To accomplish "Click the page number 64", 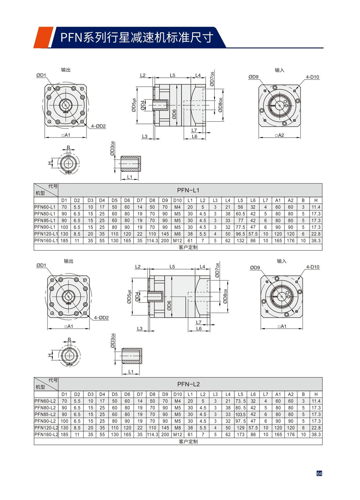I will coord(319,473).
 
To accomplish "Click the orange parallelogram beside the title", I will coord(43,37).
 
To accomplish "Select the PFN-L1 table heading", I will coord(188,190).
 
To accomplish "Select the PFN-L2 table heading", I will coord(188,384).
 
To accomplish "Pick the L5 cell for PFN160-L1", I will coord(240,240).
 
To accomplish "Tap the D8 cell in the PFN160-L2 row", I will coord(152,434).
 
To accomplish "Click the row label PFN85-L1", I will coord(45,220).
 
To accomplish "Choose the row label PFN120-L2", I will coord(46,428).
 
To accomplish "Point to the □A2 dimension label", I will coord(279,135).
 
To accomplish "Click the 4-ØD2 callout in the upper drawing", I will coord(98,126).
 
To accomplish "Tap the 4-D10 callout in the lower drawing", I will coord(312,267).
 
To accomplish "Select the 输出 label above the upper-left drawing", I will coord(66,70).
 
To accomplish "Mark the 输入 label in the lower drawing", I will coord(282,261).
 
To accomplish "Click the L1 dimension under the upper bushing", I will coord(130,177).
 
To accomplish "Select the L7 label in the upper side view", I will coord(194,130).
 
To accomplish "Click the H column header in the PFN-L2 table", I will coord(316,394).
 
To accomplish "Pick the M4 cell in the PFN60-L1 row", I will coord(177,207).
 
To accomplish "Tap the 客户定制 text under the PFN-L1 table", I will coord(188,247).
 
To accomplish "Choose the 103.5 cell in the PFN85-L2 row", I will coord(240,414).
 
